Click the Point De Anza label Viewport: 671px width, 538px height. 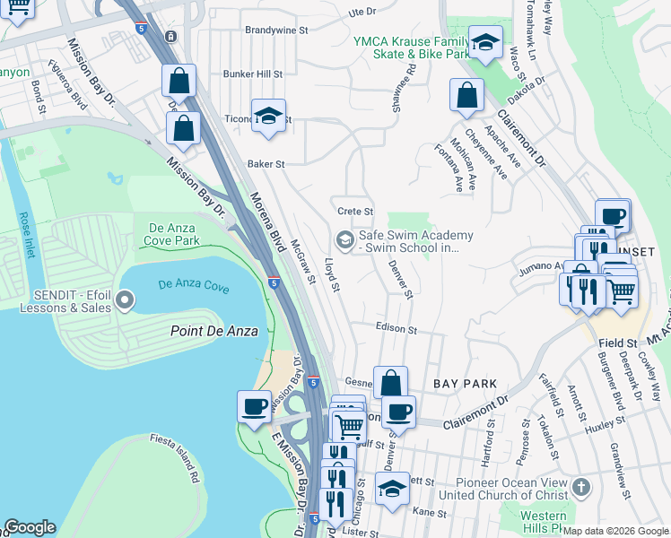[214, 331]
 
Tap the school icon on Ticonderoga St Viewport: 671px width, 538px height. [268, 117]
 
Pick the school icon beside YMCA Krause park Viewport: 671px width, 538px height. [485, 43]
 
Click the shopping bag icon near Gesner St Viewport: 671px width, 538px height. [390, 383]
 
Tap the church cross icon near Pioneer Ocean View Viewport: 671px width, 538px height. [581, 488]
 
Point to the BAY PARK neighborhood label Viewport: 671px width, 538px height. [465, 384]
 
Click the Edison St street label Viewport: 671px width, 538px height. [396, 329]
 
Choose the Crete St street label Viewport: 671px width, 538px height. [354, 211]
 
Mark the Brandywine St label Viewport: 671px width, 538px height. [276, 30]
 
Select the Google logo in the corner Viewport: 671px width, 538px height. [30, 527]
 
